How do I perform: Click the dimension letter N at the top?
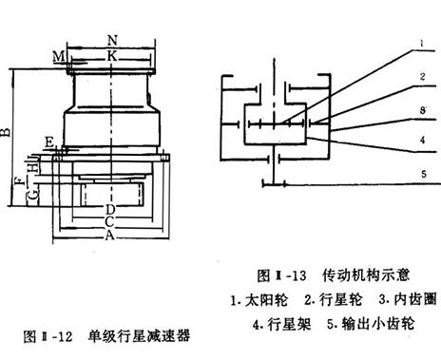(112, 42)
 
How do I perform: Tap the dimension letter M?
(59, 57)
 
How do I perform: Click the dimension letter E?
(48, 142)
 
